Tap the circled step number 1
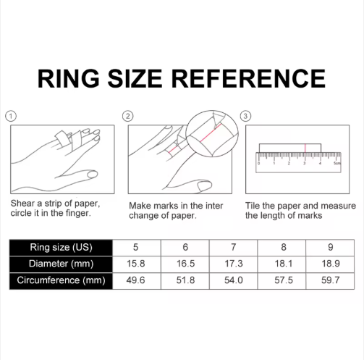[9, 116]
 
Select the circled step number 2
[128, 116]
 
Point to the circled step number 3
[245, 116]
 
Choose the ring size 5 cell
[135, 247]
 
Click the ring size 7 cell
[234, 247]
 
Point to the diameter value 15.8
[135, 264]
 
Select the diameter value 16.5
[185, 264]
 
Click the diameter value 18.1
[283, 264]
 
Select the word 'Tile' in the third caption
[254, 205]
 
